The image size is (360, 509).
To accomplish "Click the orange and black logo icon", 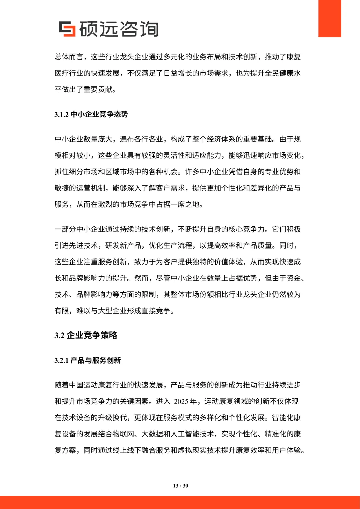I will [x=67, y=29].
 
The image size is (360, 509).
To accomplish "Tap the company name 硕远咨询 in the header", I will [x=119, y=29].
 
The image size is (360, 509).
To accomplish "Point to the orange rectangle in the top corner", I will [x=329, y=18].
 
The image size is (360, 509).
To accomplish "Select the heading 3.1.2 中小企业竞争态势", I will [x=91, y=114].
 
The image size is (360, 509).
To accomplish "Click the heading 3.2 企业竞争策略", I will [x=86, y=335].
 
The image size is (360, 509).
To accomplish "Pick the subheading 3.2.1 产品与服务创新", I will [x=88, y=360].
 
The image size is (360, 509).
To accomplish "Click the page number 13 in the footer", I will [x=176, y=486].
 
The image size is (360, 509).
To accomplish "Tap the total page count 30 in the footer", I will [x=185, y=486].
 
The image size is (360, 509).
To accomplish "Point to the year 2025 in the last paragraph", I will [x=181, y=401].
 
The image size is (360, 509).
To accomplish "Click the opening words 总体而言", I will [x=69, y=57].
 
